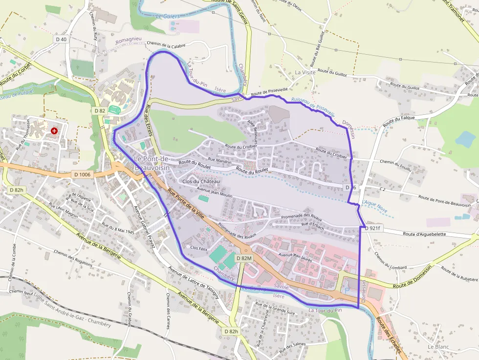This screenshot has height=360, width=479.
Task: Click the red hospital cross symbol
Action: pos(54,131)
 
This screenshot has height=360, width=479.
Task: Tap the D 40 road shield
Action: pos(61,39)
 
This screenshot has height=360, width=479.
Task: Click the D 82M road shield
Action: pos(243,258)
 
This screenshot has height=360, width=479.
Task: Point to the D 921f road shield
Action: pos(372,228)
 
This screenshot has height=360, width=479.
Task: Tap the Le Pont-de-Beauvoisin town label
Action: pos(152,163)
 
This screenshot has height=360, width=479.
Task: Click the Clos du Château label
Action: pos(201,181)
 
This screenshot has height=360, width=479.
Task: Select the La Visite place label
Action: pos(305,72)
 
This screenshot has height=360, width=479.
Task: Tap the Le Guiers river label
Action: pos(168,17)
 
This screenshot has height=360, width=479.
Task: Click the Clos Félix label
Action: pos(199,248)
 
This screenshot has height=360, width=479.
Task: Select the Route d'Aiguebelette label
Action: pos(424,234)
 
